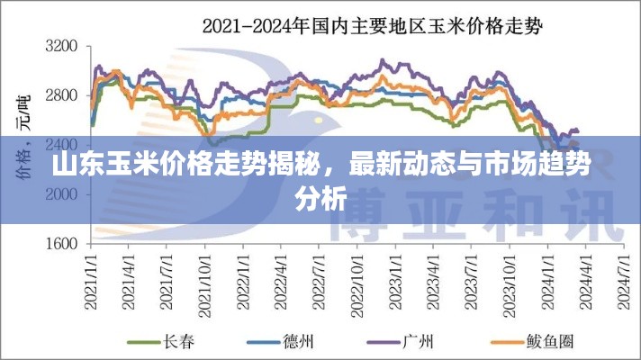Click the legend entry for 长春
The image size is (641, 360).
(175, 342)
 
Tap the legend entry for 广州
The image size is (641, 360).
(419, 342)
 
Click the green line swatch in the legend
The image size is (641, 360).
(142, 342)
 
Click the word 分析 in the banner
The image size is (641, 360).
(321, 200)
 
